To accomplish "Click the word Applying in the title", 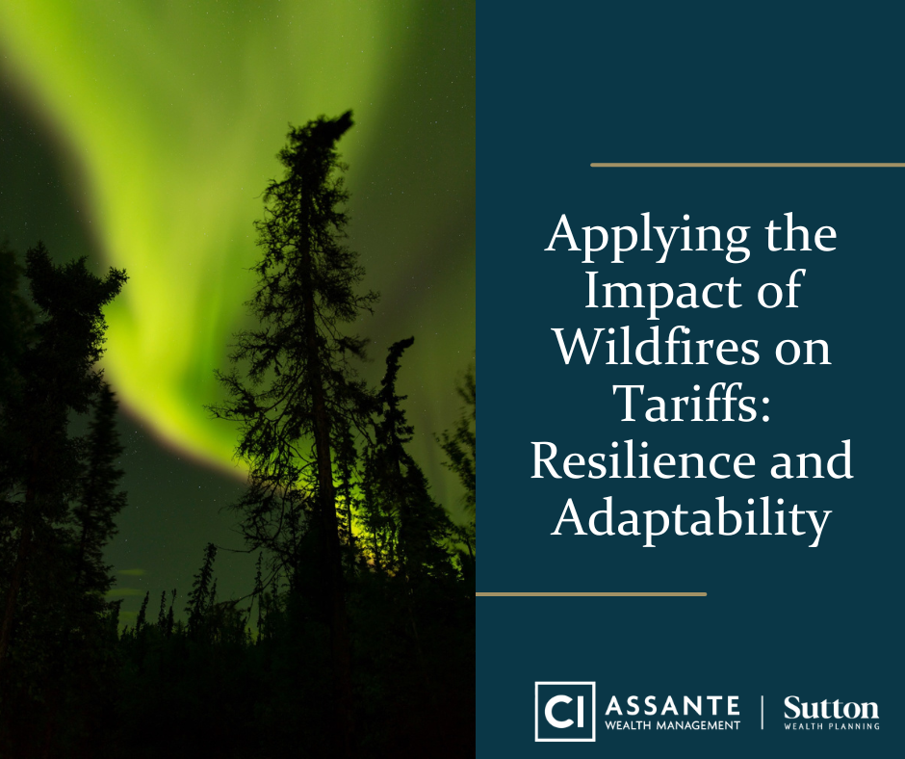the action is point(647,237).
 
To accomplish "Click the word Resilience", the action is point(643,460).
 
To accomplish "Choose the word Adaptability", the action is point(691,518).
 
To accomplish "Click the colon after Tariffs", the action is point(764,409).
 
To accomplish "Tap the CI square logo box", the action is point(565,711).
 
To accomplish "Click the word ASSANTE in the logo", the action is point(672,706).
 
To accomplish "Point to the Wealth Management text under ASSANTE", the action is point(672,725).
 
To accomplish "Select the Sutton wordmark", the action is point(831,708).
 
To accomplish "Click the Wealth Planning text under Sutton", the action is point(831,726).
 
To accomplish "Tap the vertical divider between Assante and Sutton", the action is point(762,712).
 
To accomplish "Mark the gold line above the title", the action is point(747,166).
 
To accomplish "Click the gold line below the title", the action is point(591,593).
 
